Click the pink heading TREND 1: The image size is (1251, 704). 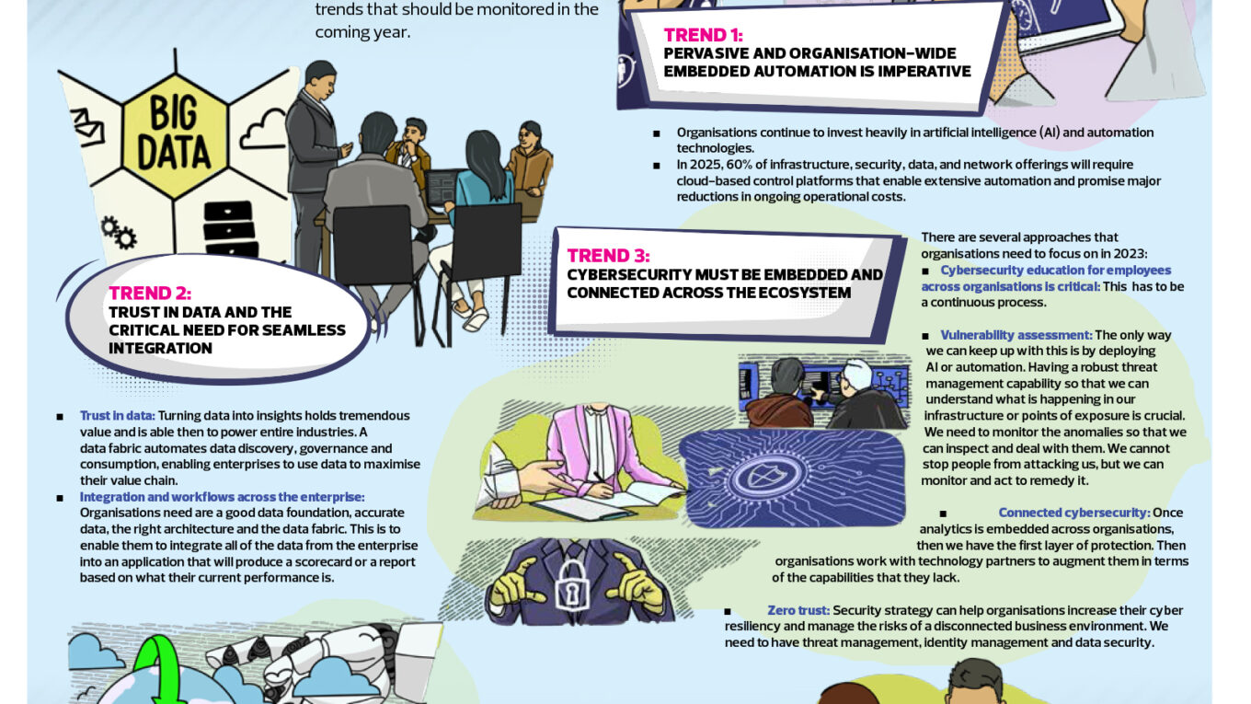(703, 35)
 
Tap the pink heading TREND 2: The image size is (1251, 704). (150, 294)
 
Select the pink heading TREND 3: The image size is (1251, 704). (608, 256)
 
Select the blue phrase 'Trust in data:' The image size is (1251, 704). (117, 416)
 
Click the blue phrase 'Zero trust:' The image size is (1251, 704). (798, 610)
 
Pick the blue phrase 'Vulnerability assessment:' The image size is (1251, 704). (1016, 335)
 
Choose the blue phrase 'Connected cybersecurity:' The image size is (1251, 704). (1073, 513)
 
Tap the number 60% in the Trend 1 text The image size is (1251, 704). (740, 165)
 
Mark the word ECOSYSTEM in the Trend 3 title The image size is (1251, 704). (803, 293)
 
